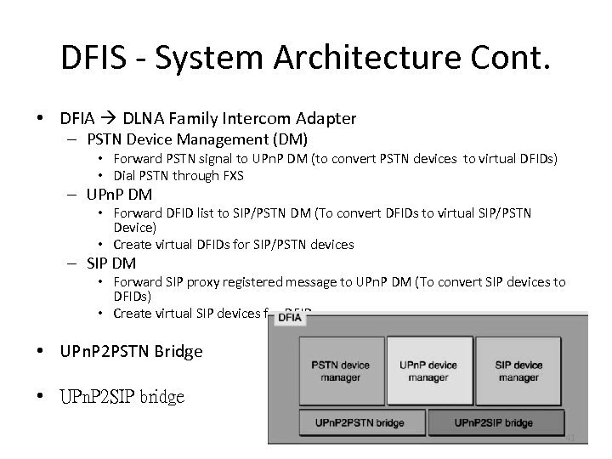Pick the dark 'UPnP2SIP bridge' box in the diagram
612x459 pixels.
(494, 422)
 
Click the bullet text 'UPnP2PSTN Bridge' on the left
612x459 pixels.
(131, 350)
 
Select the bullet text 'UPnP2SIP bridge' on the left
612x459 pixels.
(121, 397)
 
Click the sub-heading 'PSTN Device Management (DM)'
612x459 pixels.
(196, 139)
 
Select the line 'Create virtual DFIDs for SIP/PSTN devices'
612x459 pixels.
(235, 245)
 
